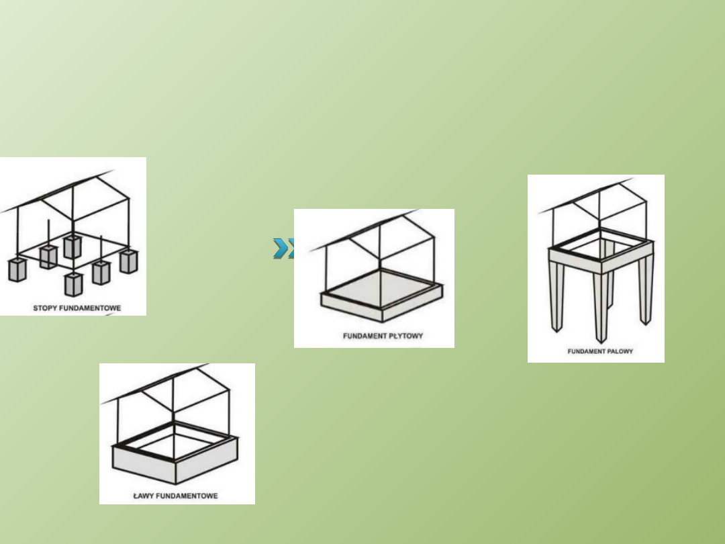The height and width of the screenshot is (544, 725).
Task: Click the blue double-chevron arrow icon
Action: [283, 248]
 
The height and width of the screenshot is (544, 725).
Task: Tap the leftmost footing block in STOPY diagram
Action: [17, 270]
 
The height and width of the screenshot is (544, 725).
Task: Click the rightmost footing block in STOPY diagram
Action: [128, 261]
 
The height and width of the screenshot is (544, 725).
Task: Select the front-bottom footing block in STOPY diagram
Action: [74, 284]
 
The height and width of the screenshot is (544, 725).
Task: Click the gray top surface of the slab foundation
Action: [382, 289]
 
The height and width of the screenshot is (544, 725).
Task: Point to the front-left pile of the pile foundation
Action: [557, 297]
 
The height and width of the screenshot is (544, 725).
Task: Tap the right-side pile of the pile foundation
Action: [646, 291]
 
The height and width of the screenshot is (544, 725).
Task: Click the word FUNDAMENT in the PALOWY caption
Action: [585, 351]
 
